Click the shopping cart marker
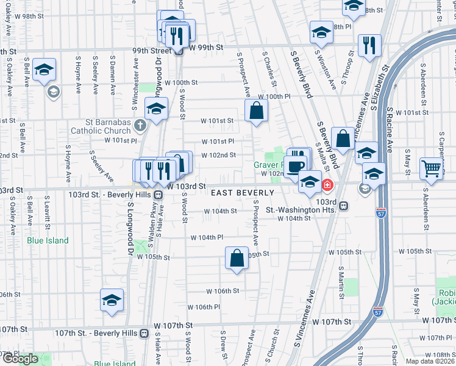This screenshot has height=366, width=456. point(431,168)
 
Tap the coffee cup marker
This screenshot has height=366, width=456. point(297,167)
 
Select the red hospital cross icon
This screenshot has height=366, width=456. point(328,185)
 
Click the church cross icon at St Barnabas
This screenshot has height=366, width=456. point(141,126)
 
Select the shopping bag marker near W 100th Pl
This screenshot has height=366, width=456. point(257,110)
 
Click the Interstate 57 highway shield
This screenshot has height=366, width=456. point(378,312)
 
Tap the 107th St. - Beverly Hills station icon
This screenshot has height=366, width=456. point(144,333)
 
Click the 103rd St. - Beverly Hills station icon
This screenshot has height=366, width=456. point(158,195)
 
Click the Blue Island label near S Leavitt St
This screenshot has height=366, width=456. point(48,240)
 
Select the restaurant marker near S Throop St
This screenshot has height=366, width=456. point(369,45)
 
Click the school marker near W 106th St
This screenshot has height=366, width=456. point(112,300)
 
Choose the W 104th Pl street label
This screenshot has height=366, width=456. point(207,237)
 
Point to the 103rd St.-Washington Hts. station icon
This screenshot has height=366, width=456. point(344,206)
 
